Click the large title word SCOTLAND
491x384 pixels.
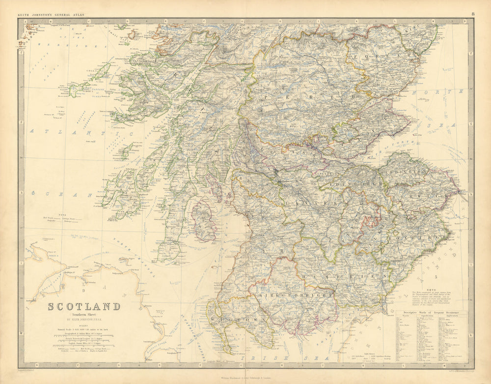coord(83,307)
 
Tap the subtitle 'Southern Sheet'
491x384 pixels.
coord(83,315)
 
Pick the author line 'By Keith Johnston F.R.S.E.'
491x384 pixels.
coord(83,320)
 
